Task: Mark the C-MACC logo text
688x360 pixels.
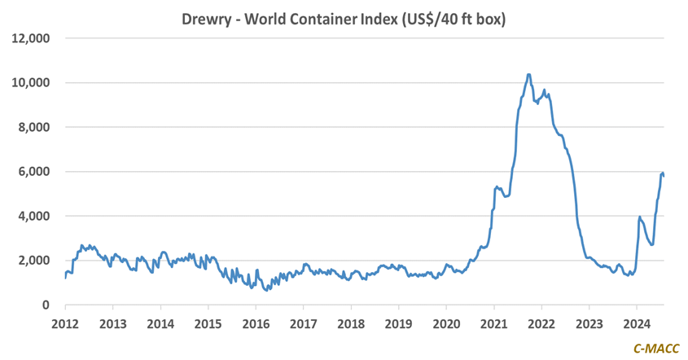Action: pyautogui.click(x=655, y=348)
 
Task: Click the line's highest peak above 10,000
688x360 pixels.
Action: pyautogui.click(x=528, y=75)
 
